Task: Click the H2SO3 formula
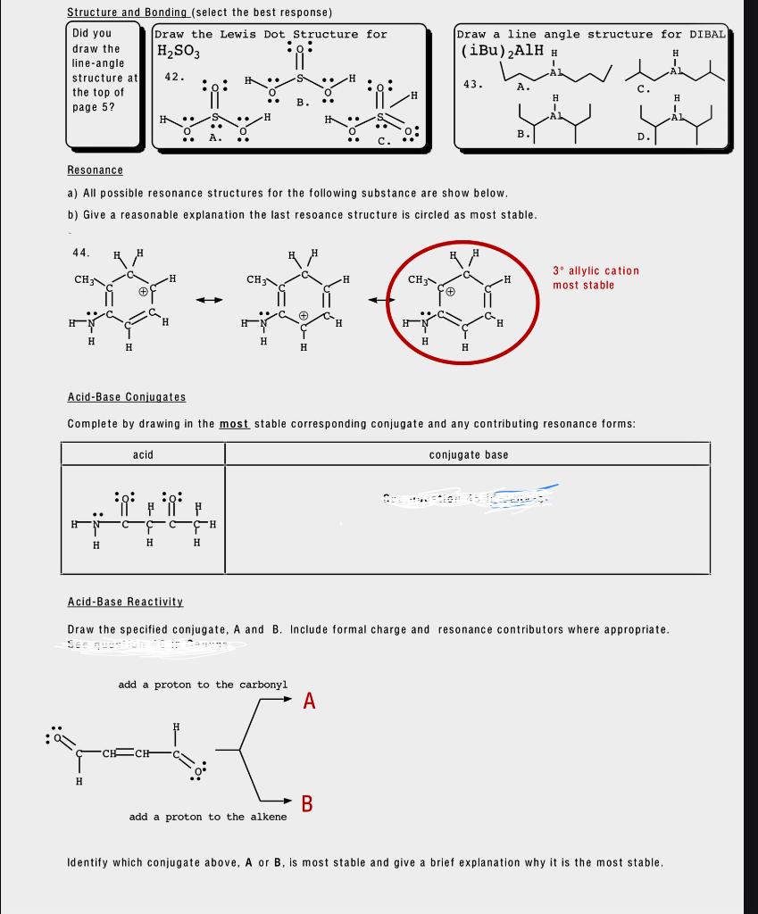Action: (x=179, y=52)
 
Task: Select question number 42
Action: (x=175, y=77)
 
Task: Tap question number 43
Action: (x=473, y=85)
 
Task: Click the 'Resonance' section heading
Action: (x=95, y=170)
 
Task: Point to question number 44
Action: (x=81, y=253)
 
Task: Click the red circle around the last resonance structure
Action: (x=539, y=303)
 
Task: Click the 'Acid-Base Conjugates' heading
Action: (x=127, y=397)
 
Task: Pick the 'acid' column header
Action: (x=143, y=455)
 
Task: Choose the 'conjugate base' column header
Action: (x=468, y=455)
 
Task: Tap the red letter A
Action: (x=309, y=700)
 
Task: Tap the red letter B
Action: (x=307, y=803)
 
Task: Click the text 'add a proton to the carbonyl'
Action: (x=203, y=685)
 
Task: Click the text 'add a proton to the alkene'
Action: (x=208, y=817)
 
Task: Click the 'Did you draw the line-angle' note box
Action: (x=104, y=85)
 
